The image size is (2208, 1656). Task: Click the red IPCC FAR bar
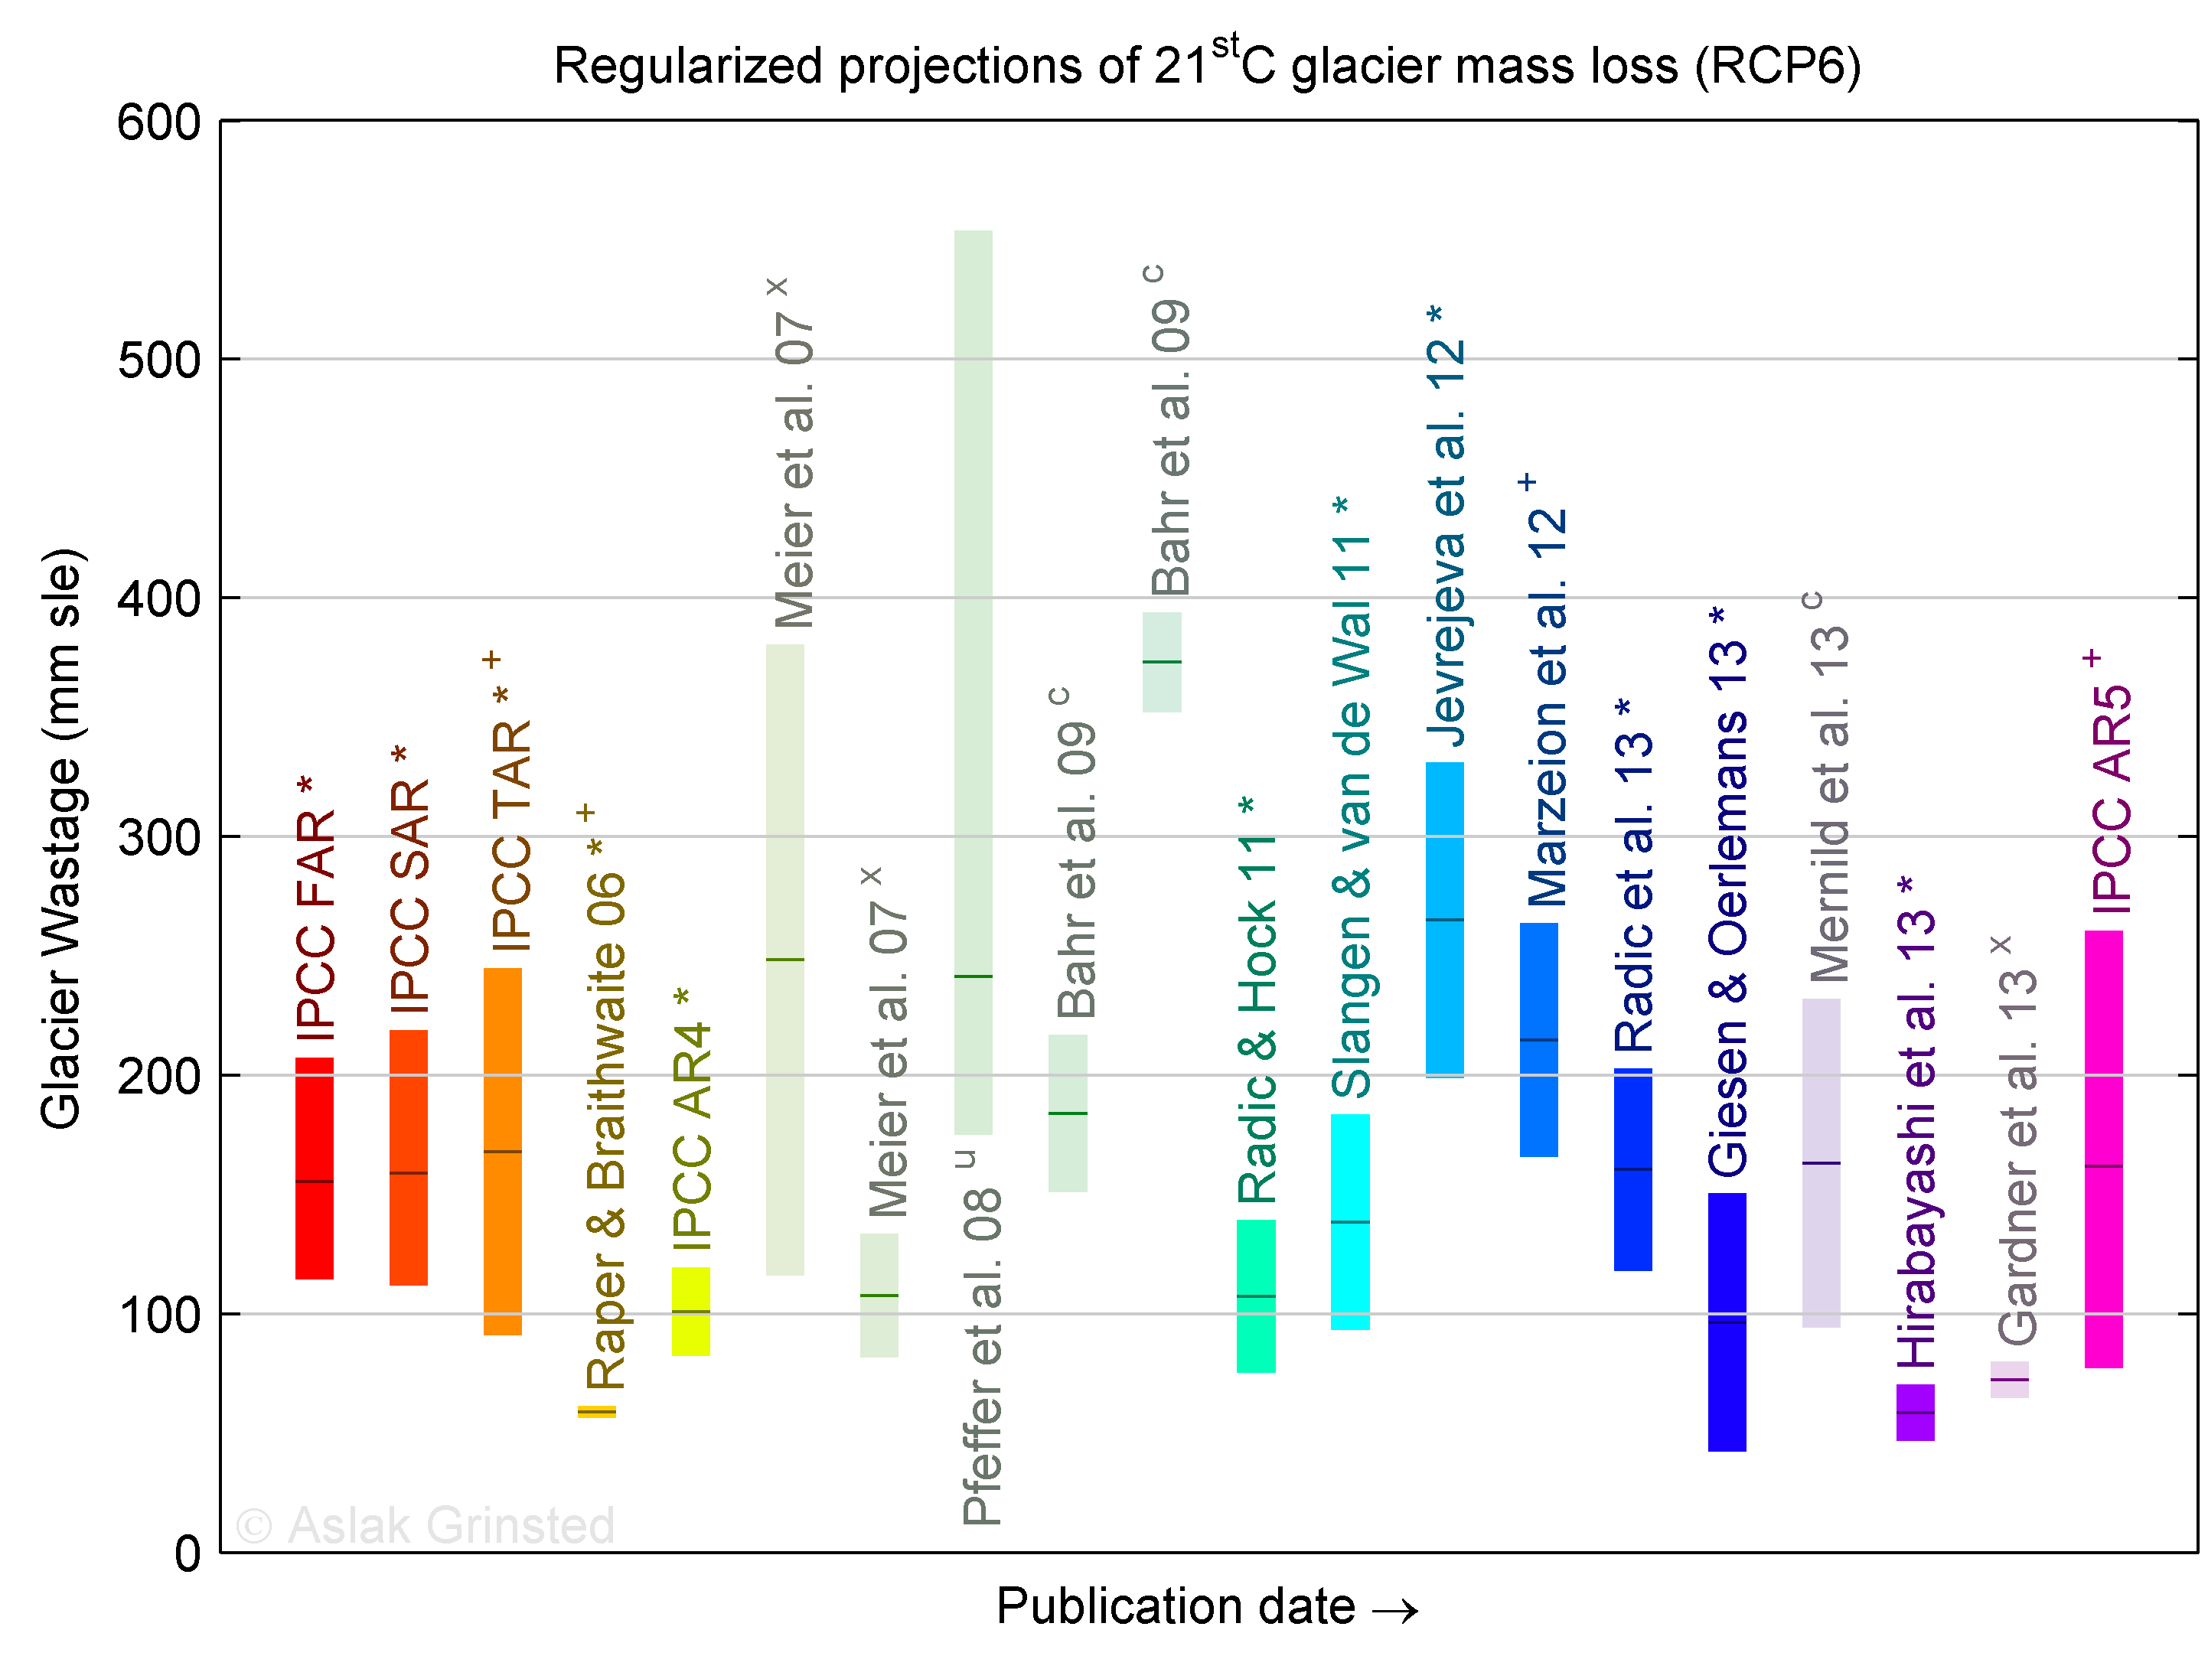pyautogui.click(x=315, y=1168)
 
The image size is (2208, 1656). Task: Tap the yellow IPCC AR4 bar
pyautogui.click(x=691, y=1311)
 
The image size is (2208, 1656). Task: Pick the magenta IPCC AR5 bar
pyautogui.click(x=2103, y=1148)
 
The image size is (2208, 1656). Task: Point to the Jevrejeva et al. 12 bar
pyautogui.click(x=1444, y=919)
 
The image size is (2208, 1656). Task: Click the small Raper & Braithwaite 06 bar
pyautogui.click(x=597, y=1411)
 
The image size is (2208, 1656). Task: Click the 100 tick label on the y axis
pyautogui.click(x=160, y=1315)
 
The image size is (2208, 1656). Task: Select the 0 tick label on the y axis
pyautogui.click(x=188, y=1554)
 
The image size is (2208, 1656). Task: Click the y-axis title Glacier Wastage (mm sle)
pyautogui.click(x=62, y=839)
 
